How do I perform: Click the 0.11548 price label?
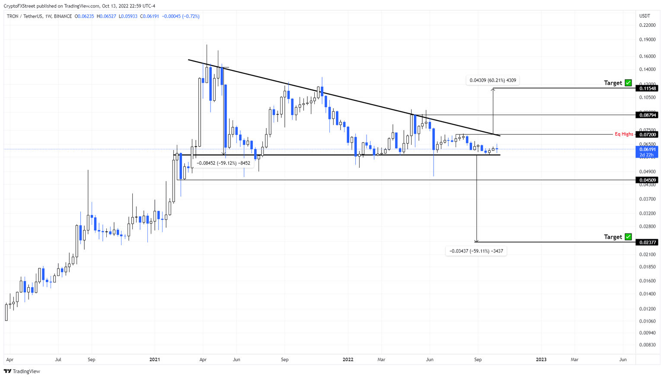point(647,88)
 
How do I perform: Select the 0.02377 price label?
point(647,242)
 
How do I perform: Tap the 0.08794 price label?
point(647,115)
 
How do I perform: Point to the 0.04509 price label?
point(647,180)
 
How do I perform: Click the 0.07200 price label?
point(647,135)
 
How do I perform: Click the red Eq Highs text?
point(624,135)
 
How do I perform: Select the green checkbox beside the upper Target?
point(628,83)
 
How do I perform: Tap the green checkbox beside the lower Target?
point(628,237)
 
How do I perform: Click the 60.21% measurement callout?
point(492,80)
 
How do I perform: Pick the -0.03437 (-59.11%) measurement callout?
point(476,251)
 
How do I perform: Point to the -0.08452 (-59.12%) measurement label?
point(223,163)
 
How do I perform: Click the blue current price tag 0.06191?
point(647,150)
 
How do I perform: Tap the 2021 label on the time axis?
point(154,359)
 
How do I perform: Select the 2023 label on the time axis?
point(541,359)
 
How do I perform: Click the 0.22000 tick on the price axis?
point(647,25)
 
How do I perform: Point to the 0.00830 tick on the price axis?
point(647,345)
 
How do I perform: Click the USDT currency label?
point(645,16)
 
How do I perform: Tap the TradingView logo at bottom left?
point(22,371)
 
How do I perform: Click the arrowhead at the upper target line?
point(493,89)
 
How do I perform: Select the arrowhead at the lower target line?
point(476,241)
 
